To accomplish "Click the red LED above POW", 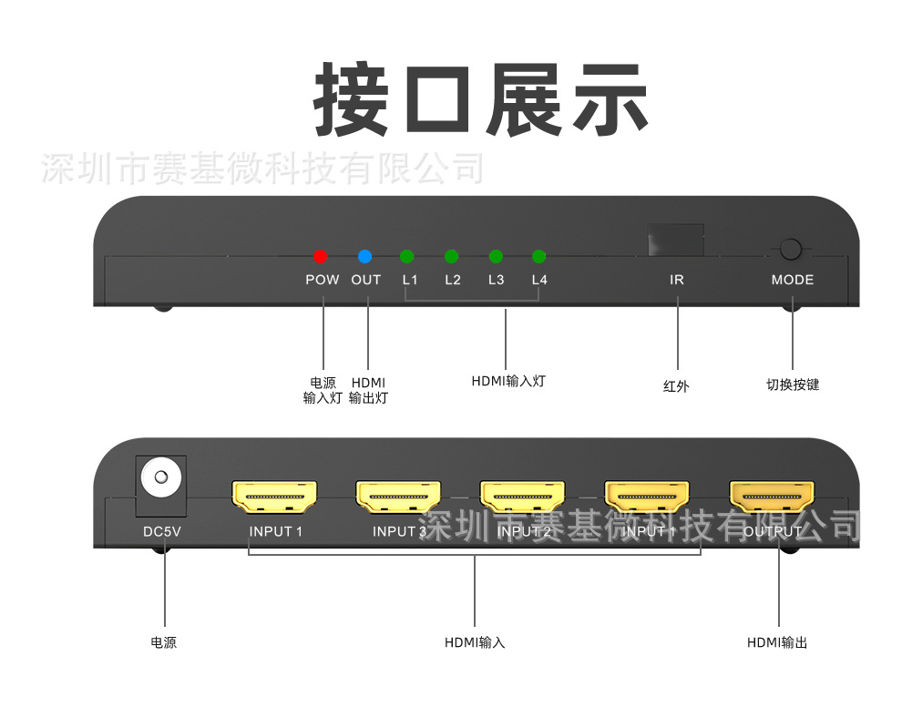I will [320, 256].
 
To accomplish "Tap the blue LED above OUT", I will [365, 256].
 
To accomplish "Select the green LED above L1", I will [407, 256].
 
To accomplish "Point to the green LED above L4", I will [538, 256].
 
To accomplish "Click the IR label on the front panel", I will [676, 280].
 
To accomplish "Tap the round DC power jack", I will [161, 477].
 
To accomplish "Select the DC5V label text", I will [162, 531].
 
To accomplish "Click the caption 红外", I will [676, 385].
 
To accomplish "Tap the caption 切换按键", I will [792, 385].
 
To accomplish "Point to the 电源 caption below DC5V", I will [163, 642].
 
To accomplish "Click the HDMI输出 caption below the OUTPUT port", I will [776, 642].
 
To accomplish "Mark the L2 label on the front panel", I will [453, 280].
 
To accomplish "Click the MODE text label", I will [792, 280].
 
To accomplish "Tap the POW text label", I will [322, 280].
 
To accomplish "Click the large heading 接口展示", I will [480, 101].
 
